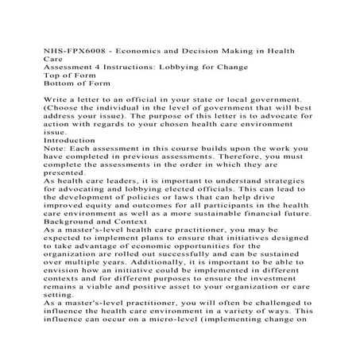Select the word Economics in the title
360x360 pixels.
pos(135,50)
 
